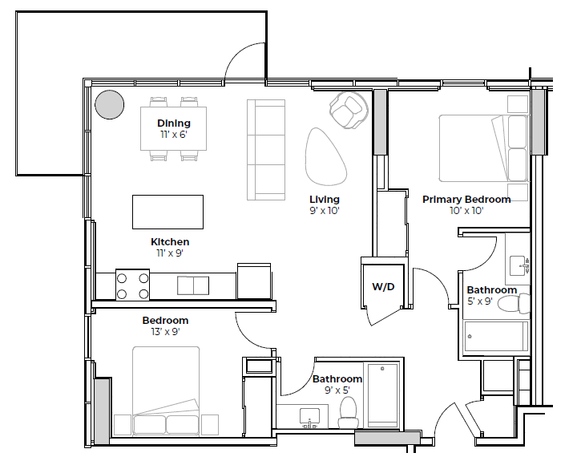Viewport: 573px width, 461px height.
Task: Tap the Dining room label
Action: (174, 123)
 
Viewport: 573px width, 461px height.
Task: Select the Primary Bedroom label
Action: (466, 200)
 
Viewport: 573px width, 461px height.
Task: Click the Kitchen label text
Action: (170, 242)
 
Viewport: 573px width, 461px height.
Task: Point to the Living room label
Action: (325, 200)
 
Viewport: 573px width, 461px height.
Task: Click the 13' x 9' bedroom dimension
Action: (165, 332)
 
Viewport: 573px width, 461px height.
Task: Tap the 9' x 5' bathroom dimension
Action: (337, 390)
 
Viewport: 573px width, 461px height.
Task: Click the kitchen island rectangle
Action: (167, 212)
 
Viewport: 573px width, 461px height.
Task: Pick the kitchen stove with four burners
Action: (133, 285)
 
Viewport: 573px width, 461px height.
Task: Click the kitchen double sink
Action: (193, 285)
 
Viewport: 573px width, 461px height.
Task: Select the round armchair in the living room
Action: (349, 109)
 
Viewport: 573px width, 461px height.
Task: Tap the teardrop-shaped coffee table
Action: (325, 156)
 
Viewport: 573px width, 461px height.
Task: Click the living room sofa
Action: (266, 150)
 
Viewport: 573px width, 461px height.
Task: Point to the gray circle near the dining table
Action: (110, 104)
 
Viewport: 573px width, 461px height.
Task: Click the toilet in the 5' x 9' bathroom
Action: (512, 304)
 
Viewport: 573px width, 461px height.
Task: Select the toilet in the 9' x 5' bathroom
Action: (348, 412)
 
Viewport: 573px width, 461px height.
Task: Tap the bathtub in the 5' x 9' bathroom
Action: (496, 337)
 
